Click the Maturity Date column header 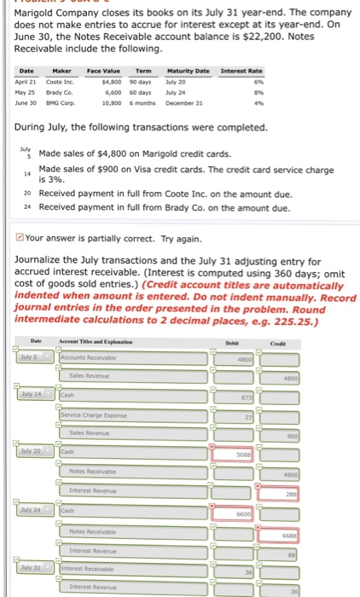click(x=195, y=72)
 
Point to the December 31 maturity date click(x=195, y=100)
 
